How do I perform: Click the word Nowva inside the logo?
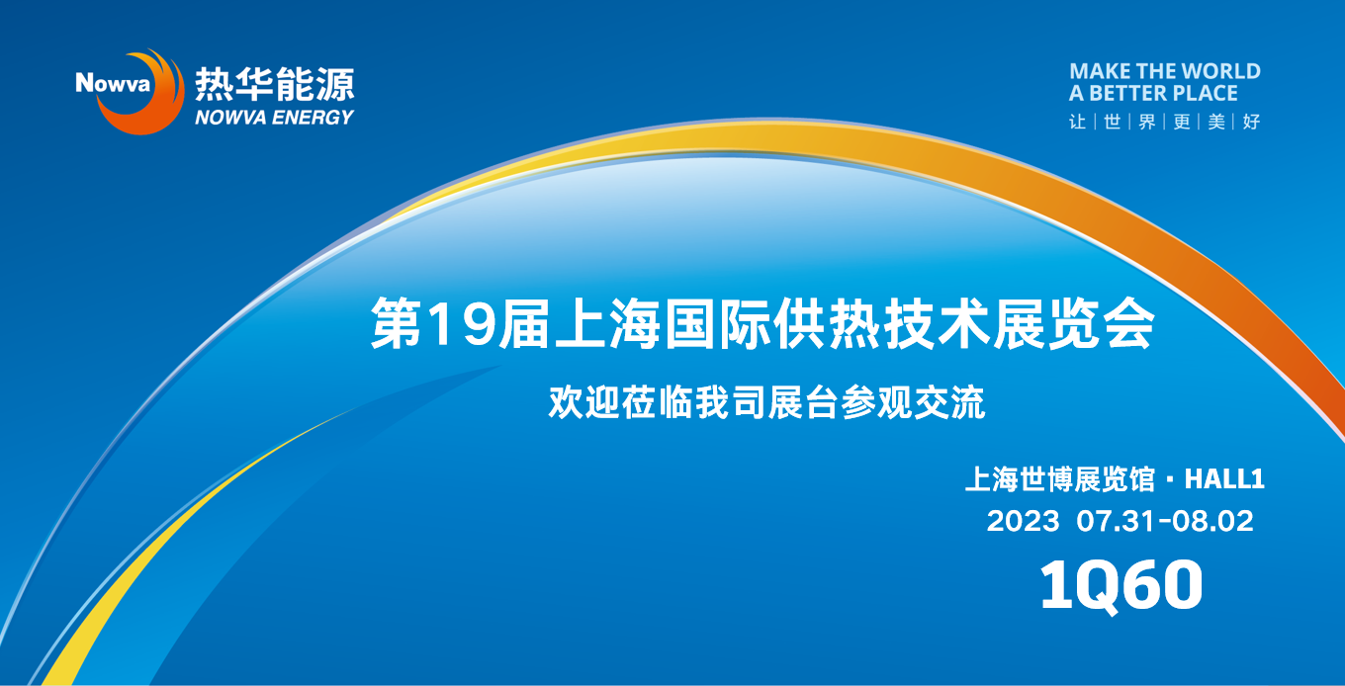pos(113,83)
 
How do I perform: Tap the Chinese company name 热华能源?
pos(274,84)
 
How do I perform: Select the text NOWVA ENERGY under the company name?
pos(274,118)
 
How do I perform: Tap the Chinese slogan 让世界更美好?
pos(1164,122)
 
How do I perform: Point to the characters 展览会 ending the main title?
pos(1074,324)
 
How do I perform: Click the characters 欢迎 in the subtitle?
pos(584,402)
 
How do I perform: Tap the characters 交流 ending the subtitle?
pos(949,402)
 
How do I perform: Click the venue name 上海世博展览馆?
pos(1059,479)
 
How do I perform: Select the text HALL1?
pos(1224,479)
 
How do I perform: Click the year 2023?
pos(1024,521)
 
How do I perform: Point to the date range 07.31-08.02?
pos(1165,521)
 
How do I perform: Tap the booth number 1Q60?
pos(1121,585)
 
